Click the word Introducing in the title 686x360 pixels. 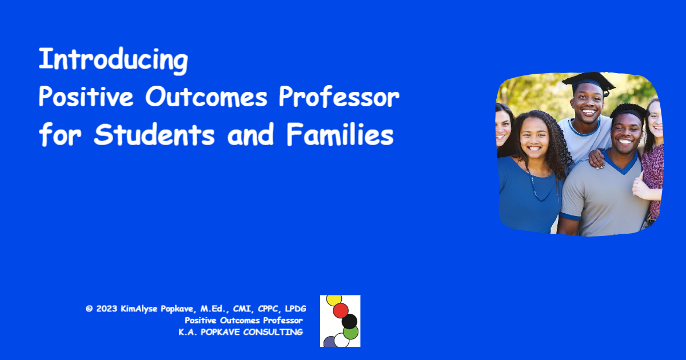click(x=113, y=59)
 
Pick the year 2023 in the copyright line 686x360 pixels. click(x=107, y=309)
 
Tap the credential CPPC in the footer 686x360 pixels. click(x=268, y=309)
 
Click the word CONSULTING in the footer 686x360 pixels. click(x=273, y=332)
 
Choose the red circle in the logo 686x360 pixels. click(x=341, y=310)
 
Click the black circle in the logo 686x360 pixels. click(x=349, y=321)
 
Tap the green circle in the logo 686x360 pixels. click(x=350, y=332)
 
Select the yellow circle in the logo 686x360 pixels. click(x=334, y=299)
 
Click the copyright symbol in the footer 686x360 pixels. click(x=89, y=309)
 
